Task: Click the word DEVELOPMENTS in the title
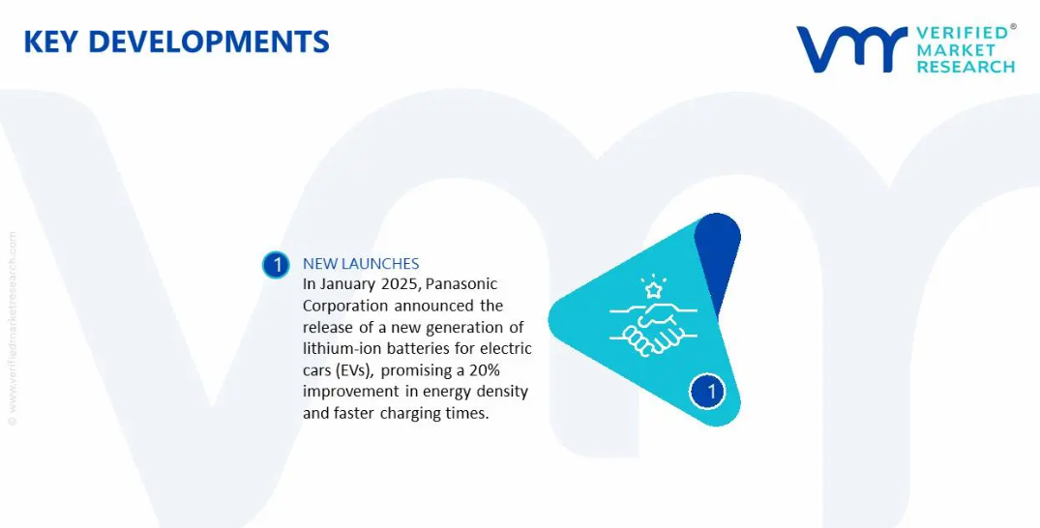pos(208,42)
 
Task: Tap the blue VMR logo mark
pos(851,49)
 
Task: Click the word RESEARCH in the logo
pos(966,67)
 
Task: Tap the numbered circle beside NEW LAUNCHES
pos(276,265)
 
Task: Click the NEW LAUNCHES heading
pos(361,264)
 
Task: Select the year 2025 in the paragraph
pos(400,284)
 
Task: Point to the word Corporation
pos(345,307)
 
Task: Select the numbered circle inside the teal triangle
pos(707,391)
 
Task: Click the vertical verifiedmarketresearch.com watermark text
pos(12,329)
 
